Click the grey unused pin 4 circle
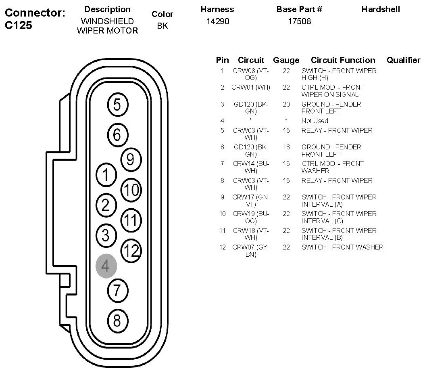pos(106,266)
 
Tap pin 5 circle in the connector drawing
pos(117,105)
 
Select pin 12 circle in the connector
pos(131,251)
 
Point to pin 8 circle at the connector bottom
pos(117,321)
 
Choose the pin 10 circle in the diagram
pos(131,190)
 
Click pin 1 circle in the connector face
pos(106,175)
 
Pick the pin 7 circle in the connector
pos(117,290)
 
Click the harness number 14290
pos(217,21)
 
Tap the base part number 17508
pos(299,21)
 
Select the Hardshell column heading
pos(381,9)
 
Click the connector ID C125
pos(19,25)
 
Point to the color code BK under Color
pos(162,26)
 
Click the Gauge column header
pos(286,60)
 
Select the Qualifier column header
pos(403,60)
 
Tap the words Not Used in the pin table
pos(315,121)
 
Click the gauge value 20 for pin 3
pos(286,104)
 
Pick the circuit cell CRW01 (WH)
pos(250,87)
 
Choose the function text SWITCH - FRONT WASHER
pos(342,247)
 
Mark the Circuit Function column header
pos(343,60)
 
